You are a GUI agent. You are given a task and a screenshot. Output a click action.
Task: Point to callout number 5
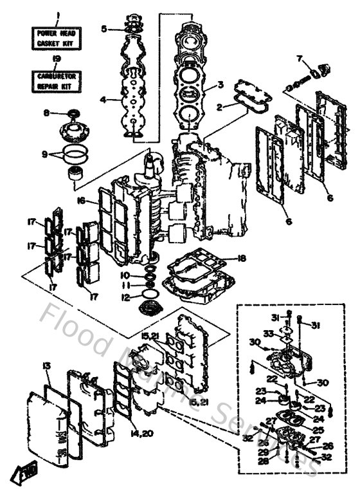coord(104,28)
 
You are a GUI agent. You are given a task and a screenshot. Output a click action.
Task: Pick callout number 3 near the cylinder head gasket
coord(220,84)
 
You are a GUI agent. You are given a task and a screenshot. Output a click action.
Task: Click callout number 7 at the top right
coord(300,59)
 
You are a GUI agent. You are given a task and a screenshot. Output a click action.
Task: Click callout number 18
coord(241,258)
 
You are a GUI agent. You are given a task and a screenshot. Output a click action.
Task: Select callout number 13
coord(46,366)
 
